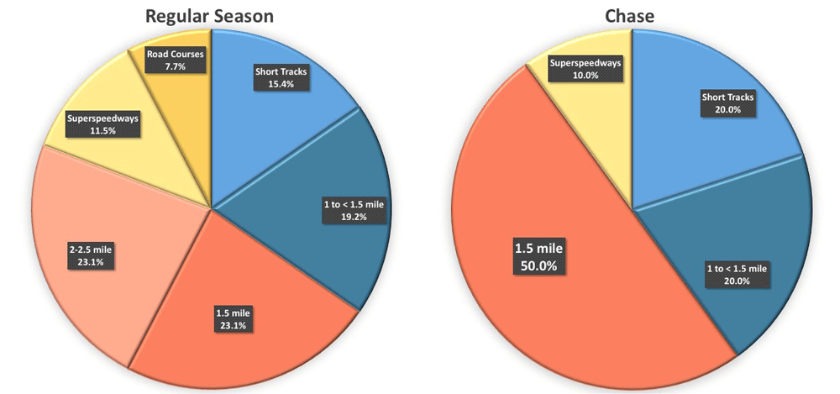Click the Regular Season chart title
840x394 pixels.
[209, 15]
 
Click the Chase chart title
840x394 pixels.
[631, 15]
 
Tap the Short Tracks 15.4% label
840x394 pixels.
[281, 77]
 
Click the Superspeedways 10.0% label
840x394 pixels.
[585, 68]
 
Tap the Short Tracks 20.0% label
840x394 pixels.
[727, 103]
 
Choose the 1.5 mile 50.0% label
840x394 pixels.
[539, 256]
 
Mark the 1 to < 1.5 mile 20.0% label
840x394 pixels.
[735, 274]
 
